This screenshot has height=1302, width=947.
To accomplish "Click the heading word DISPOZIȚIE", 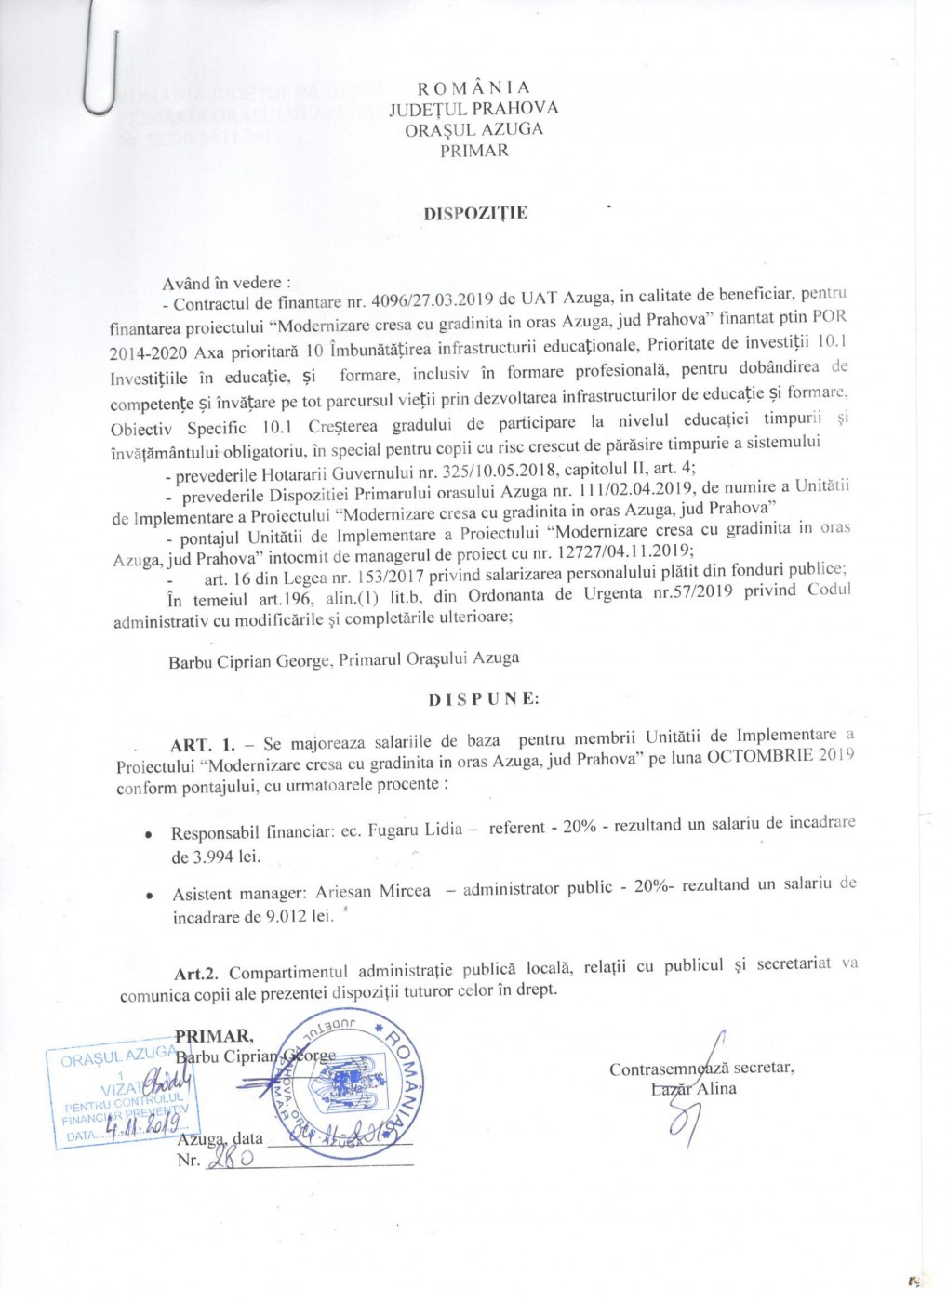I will [475, 213].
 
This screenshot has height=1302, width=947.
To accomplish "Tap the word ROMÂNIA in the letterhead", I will [473, 88].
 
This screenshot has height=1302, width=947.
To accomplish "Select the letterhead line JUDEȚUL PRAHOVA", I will [473, 109].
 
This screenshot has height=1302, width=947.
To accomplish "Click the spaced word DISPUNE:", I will [484, 699].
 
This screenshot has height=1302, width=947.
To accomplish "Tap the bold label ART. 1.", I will [203, 745].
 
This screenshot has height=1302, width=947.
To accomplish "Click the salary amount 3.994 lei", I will [216, 857].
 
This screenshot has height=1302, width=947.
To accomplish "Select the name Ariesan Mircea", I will [373, 892].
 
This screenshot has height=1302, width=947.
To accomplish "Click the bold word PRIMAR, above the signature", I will [213, 1036].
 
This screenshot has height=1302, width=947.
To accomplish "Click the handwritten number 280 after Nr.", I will [223, 1159].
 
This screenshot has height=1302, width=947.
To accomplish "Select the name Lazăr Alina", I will [693, 1089].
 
